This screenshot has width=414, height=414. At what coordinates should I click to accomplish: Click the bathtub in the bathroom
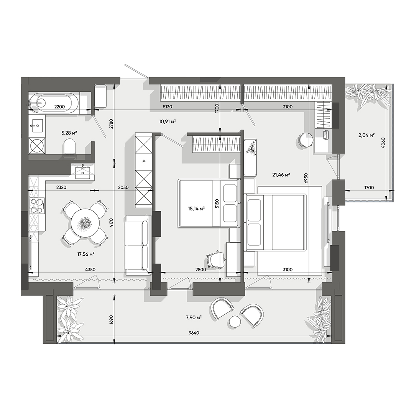tap(54, 103)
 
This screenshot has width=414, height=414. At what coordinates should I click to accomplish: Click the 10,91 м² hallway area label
tap(168, 122)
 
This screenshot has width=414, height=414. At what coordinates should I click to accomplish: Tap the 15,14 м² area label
tap(196, 209)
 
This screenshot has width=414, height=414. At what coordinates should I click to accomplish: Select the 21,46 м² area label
tap(281, 175)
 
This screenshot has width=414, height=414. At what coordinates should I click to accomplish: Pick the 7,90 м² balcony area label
tap(194, 317)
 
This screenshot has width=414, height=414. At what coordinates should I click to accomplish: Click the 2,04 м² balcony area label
tap(366, 135)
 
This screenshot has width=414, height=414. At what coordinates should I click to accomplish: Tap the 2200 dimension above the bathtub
tap(59, 107)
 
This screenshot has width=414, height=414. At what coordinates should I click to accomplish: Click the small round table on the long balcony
tap(235, 322)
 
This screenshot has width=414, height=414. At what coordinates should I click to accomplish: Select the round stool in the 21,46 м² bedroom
tap(306, 140)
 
